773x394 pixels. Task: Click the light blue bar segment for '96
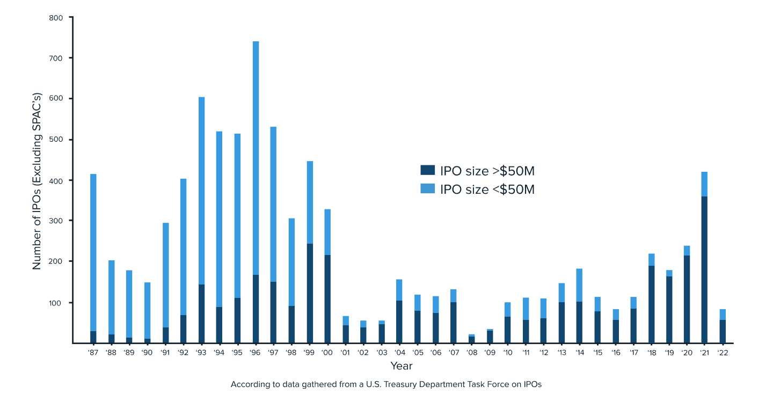tap(256, 158)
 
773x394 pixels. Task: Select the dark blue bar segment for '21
tap(704, 270)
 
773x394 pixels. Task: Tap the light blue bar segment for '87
tap(93, 252)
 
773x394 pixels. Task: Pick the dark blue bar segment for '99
tap(310, 293)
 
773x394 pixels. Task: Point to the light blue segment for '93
tap(201, 191)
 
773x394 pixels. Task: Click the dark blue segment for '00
tap(327, 299)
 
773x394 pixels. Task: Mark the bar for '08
tap(472, 339)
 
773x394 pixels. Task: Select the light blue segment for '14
tap(579, 286)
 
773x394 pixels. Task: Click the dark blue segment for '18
tap(652, 304)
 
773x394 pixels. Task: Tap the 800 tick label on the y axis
tap(56, 18)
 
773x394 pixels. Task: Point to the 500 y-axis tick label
tap(56, 140)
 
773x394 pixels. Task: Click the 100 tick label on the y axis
tap(55, 303)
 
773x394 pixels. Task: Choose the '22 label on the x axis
tap(723, 353)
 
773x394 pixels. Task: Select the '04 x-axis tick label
tap(399, 353)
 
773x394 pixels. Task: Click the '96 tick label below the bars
tap(254, 353)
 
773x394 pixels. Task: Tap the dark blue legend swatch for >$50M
tap(427, 170)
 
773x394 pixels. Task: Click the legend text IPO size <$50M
tap(487, 189)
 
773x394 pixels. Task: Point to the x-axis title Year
tap(402, 366)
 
